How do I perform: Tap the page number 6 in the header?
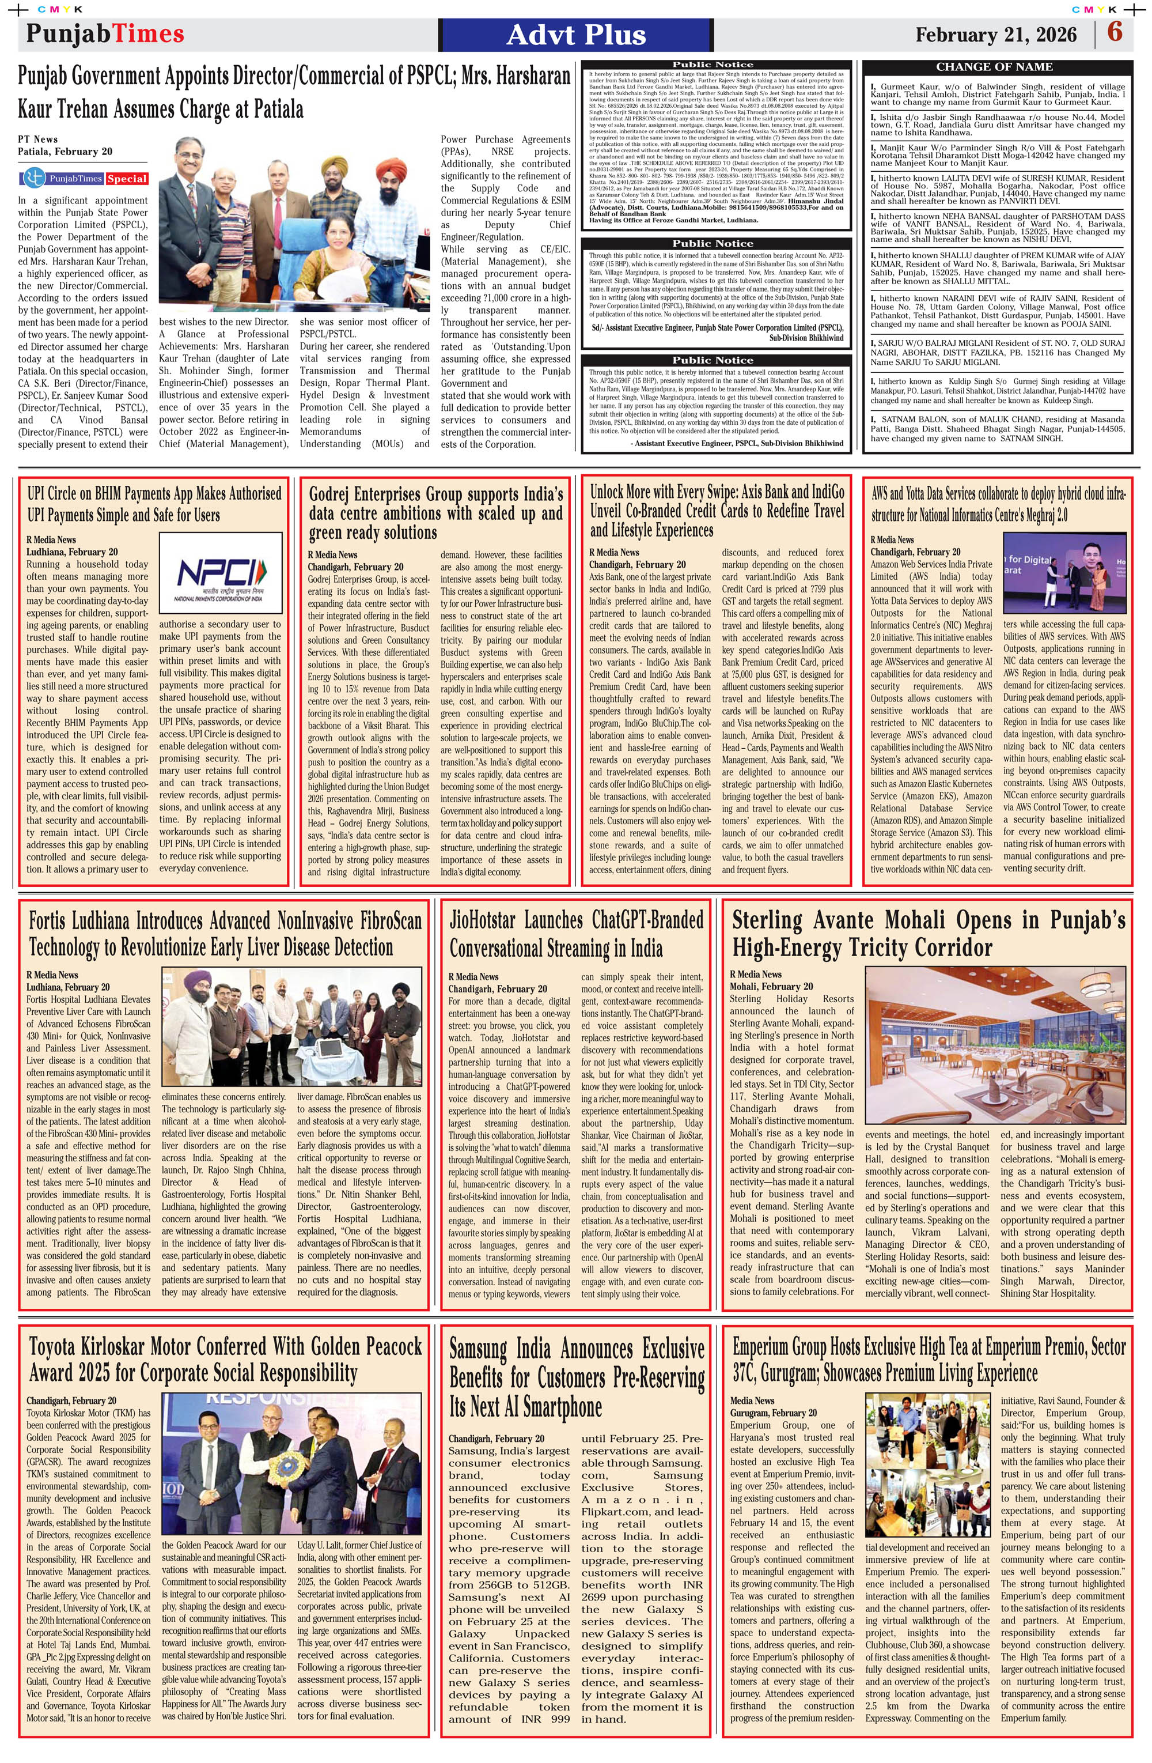tap(1114, 33)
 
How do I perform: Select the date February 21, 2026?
tap(995, 35)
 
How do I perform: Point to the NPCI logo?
tap(220, 573)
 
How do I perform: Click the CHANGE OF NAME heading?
tap(994, 67)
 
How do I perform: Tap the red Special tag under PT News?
tap(127, 179)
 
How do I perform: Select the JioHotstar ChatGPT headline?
tap(576, 934)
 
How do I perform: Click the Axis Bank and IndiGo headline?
tap(717, 511)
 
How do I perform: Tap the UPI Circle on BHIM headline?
tap(154, 504)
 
